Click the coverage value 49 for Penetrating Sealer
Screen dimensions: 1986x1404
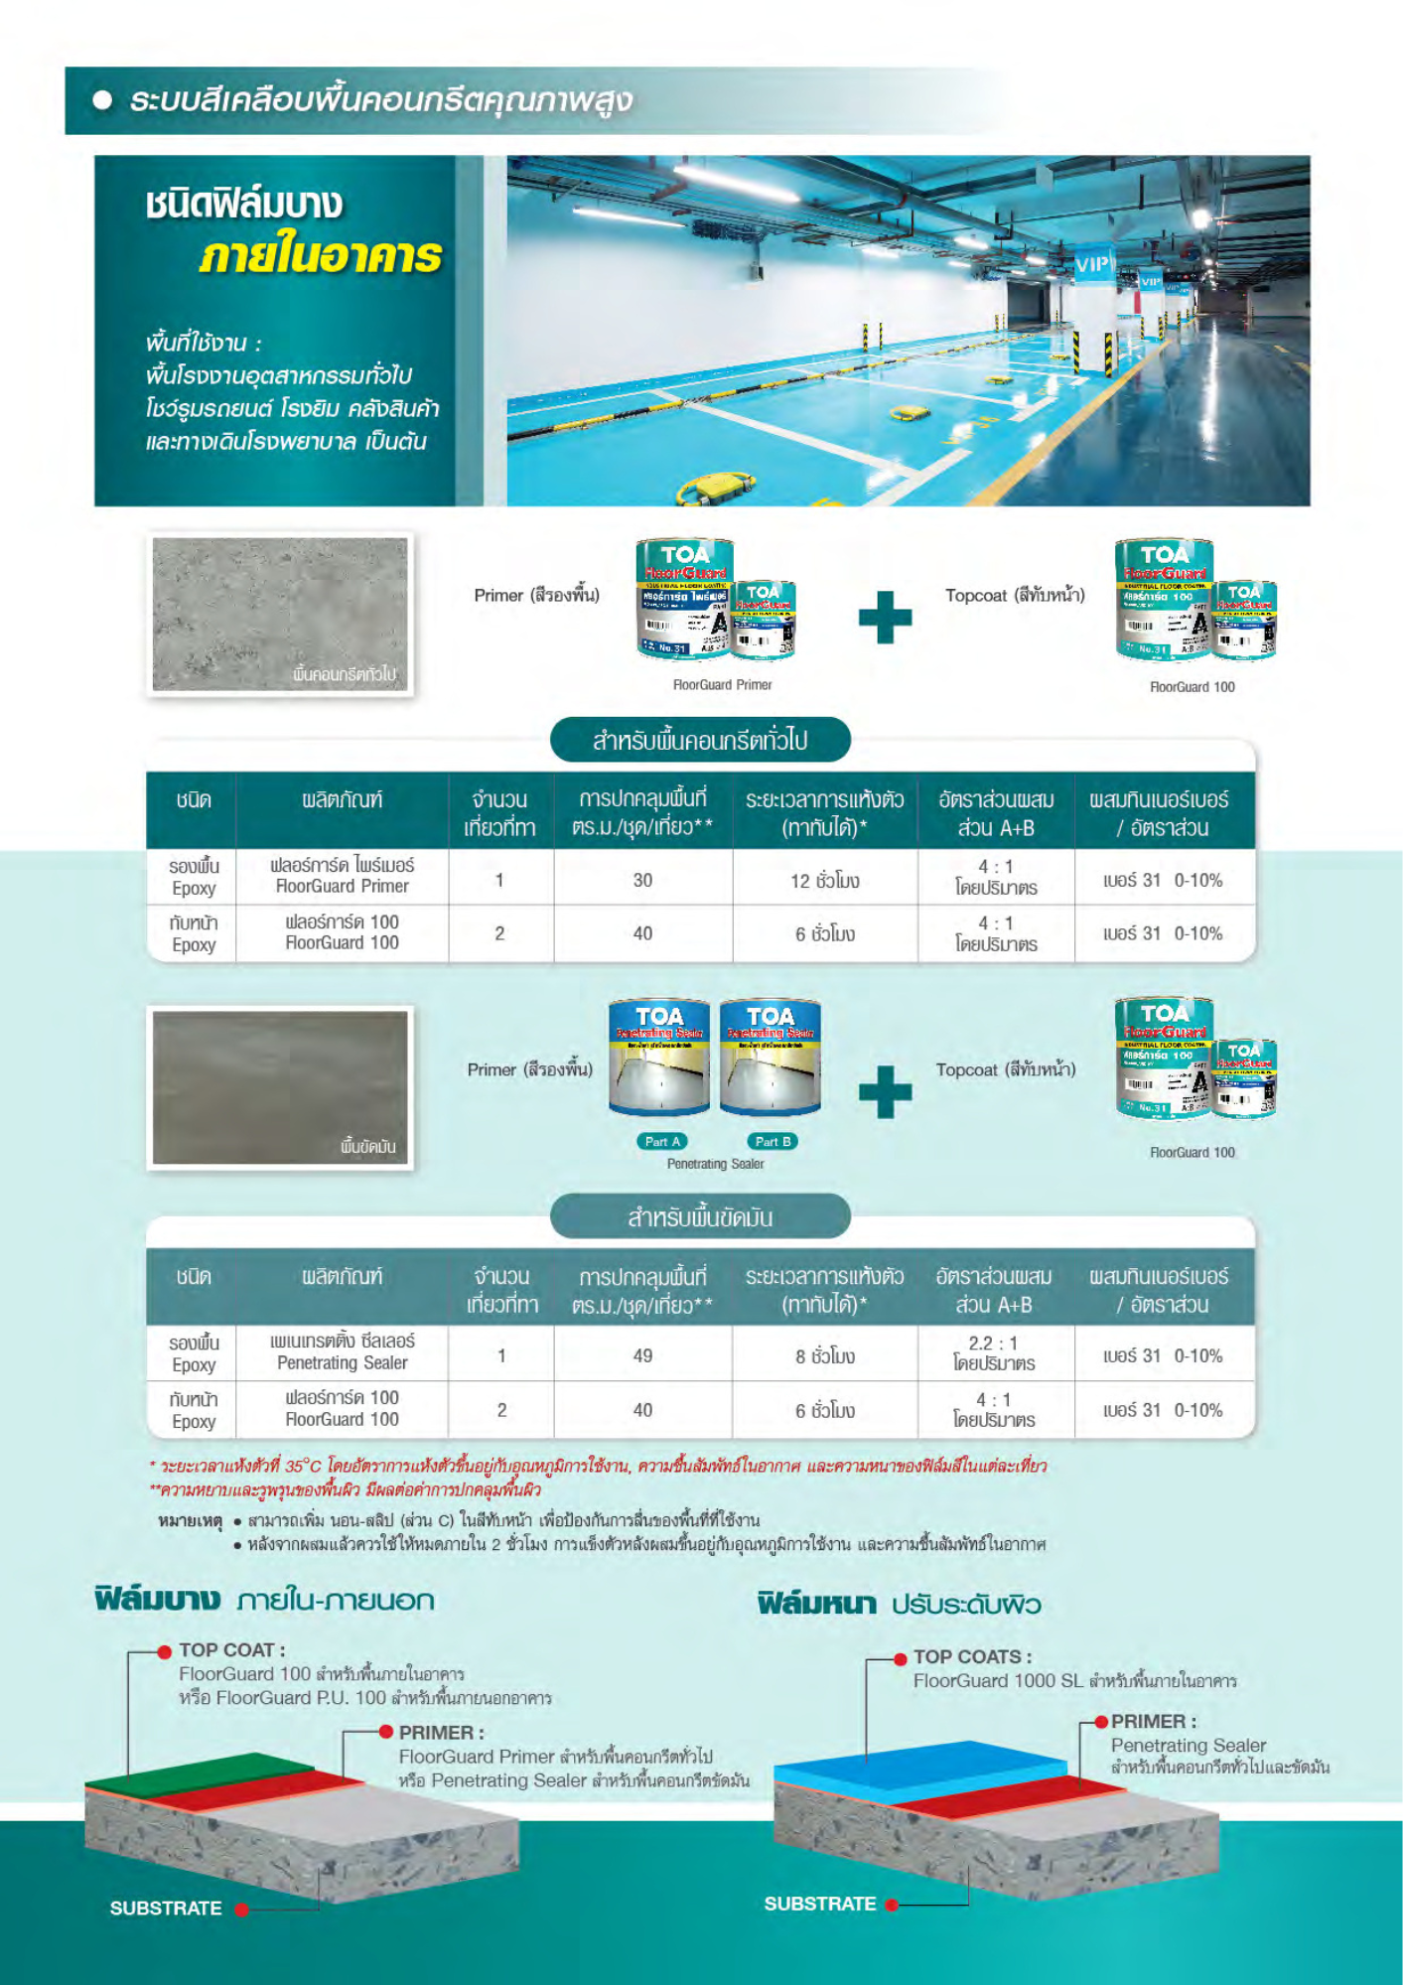pos(642,1355)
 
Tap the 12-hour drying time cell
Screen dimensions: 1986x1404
pos(824,881)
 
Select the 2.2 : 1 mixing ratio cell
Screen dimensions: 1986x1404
pos(994,1352)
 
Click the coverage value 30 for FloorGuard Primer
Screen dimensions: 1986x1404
pos(642,880)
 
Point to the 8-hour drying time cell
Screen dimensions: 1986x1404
pos(824,1356)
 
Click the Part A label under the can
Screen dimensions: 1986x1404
pos(662,1142)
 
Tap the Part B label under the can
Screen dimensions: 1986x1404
pos(772,1142)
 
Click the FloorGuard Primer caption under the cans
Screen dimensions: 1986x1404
pos(722,685)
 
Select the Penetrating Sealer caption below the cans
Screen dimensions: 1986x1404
pos(715,1164)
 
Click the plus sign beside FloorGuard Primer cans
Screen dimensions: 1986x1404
pos(885,617)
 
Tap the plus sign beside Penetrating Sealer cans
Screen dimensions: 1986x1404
pos(885,1091)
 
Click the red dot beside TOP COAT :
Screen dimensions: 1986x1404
pos(165,1651)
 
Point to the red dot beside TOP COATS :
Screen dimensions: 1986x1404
pos(901,1658)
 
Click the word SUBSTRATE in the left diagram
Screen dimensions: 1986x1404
pos(166,1909)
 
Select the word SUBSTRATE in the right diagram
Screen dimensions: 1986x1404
pos(820,1904)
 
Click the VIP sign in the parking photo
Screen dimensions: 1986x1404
pos(1093,265)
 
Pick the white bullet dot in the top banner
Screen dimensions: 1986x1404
pos(102,99)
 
